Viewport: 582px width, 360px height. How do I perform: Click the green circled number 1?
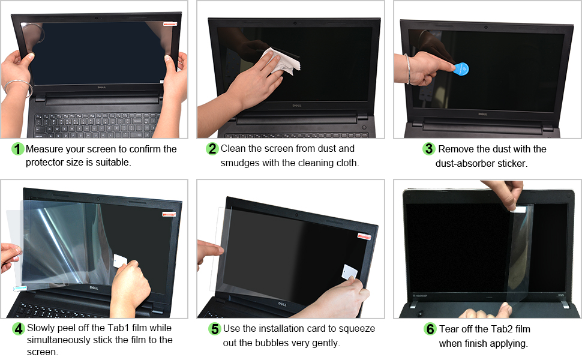[18, 149]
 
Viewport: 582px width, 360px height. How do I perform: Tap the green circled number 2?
[212, 149]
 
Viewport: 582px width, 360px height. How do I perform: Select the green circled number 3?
[428, 149]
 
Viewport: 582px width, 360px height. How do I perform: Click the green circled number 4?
[18, 329]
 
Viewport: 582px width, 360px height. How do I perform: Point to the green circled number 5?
[214, 329]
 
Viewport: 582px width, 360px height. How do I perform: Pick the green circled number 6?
[430, 329]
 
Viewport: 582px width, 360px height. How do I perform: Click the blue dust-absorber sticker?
[460, 68]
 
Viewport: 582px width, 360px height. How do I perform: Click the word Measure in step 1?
[45, 149]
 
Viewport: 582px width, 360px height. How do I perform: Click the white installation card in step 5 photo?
[349, 272]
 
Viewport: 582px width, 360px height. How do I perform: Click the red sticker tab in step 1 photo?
[170, 24]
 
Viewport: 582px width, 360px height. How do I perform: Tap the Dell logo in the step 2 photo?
[296, 106]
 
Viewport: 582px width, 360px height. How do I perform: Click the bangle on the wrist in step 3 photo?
[408, 67]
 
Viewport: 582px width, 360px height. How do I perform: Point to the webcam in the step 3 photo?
[485, 27]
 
